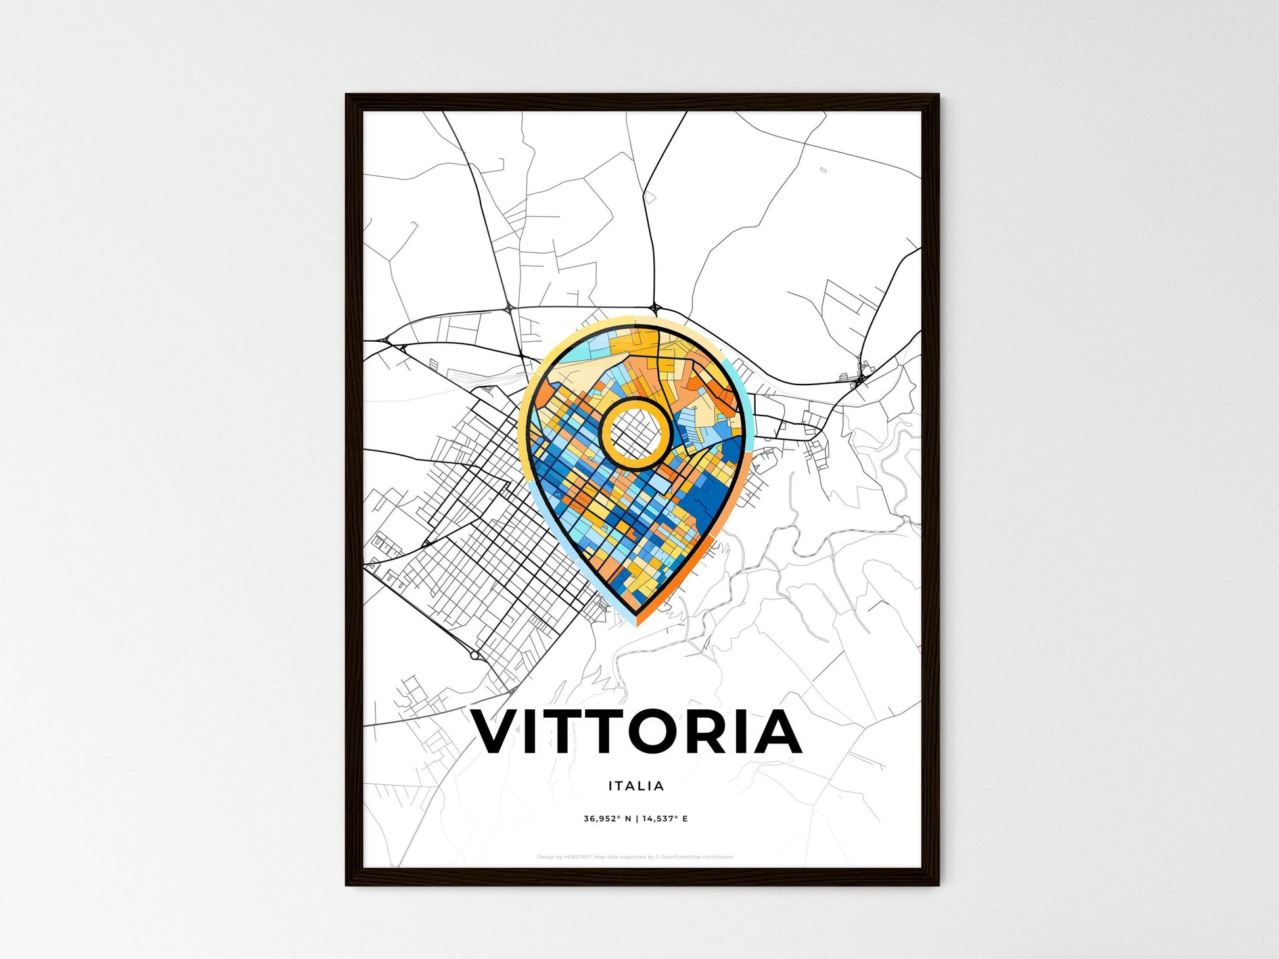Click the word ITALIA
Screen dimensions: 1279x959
click(636, 785)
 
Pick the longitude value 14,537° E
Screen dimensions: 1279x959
click(665, 819)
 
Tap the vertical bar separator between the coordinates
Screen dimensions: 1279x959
click(636, 819)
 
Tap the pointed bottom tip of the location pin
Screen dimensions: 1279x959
click(636, 624)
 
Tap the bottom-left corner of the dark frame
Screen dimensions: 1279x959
click(347, 884)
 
